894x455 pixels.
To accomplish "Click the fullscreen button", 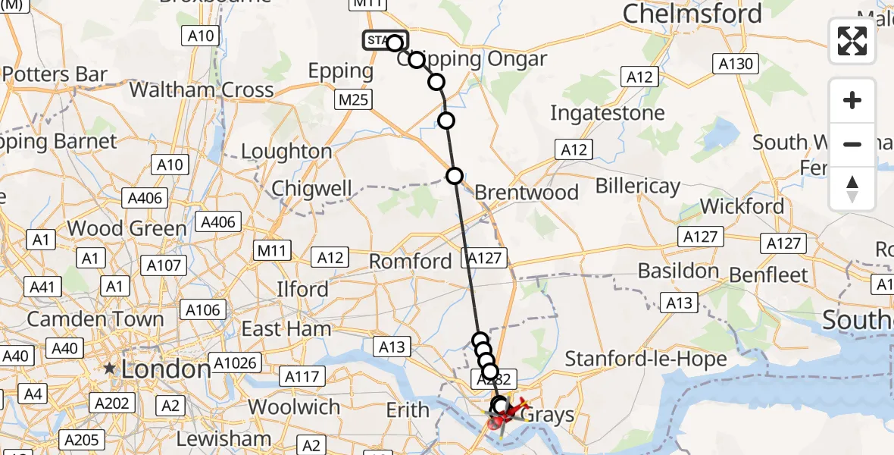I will point(852,41).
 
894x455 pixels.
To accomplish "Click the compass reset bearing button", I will point(852,189).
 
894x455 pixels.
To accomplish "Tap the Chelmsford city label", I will point(692,13).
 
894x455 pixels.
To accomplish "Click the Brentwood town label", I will point(527,192).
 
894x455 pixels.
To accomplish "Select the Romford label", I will point(410,262).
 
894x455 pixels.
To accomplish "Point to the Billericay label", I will point(637,186).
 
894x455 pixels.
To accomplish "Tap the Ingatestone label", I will point(607,113).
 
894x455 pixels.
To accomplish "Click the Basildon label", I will point(677,271).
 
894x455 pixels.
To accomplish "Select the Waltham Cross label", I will point(202,89).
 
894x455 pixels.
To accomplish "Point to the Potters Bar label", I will point(55,74).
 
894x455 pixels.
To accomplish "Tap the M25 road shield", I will point(355,99).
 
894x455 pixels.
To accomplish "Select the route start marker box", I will point(383,39).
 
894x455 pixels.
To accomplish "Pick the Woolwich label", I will point(294,406).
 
